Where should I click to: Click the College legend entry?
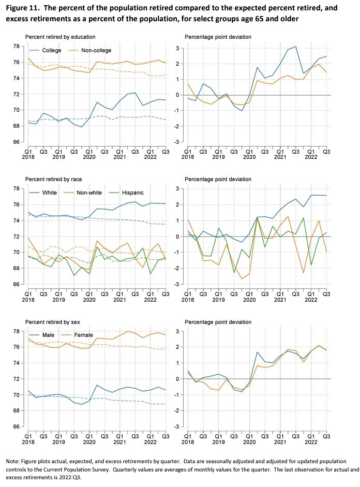pyautogui.click(x=46, y=50)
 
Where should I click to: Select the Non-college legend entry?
pyautogui.click(x=89, y=50)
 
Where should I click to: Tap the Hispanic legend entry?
pyautogui.click(x=127, y=193)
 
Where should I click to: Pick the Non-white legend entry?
pyautogui.click(x=83, y=193)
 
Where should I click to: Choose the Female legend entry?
pyautogui.click(x=77, y=335)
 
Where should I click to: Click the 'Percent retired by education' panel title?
pyautogui.click(x=60, y=37)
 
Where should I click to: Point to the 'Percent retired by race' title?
pyautogui.click(x=53, y=179)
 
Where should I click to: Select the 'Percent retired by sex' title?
pyautogui.click(x=52, y=322)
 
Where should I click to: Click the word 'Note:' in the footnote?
pyautogui.click(x=12, y=461)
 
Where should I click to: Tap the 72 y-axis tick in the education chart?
pyautogui.click(x=16, y=94)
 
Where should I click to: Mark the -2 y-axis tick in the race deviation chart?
pyautogui.click(x=176, y=269)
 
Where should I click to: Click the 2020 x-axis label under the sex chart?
pyautogui.click(x=89, y=442)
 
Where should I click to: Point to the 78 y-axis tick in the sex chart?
pyautogui.click(x=16, y=331)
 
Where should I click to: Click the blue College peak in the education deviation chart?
pyautogui.click(x=295, y=47)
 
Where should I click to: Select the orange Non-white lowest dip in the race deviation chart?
pyautogui.click(x=242, y=278)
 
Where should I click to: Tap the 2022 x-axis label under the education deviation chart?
pyautogui.click(x=311, y=157)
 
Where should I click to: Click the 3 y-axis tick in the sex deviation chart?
pyautogui.click(x=178, y=331)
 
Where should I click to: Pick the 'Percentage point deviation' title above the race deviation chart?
pyautogui.click(x=218, y=179)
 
